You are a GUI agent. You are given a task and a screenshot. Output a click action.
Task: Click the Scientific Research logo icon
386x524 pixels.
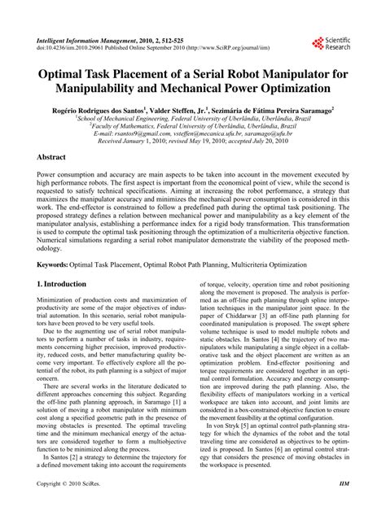coord(317,42)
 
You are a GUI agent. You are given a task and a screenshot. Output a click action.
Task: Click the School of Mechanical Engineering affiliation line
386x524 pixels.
coord(192,117)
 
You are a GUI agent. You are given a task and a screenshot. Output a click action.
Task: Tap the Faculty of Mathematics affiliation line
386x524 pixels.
coord(192,125)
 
